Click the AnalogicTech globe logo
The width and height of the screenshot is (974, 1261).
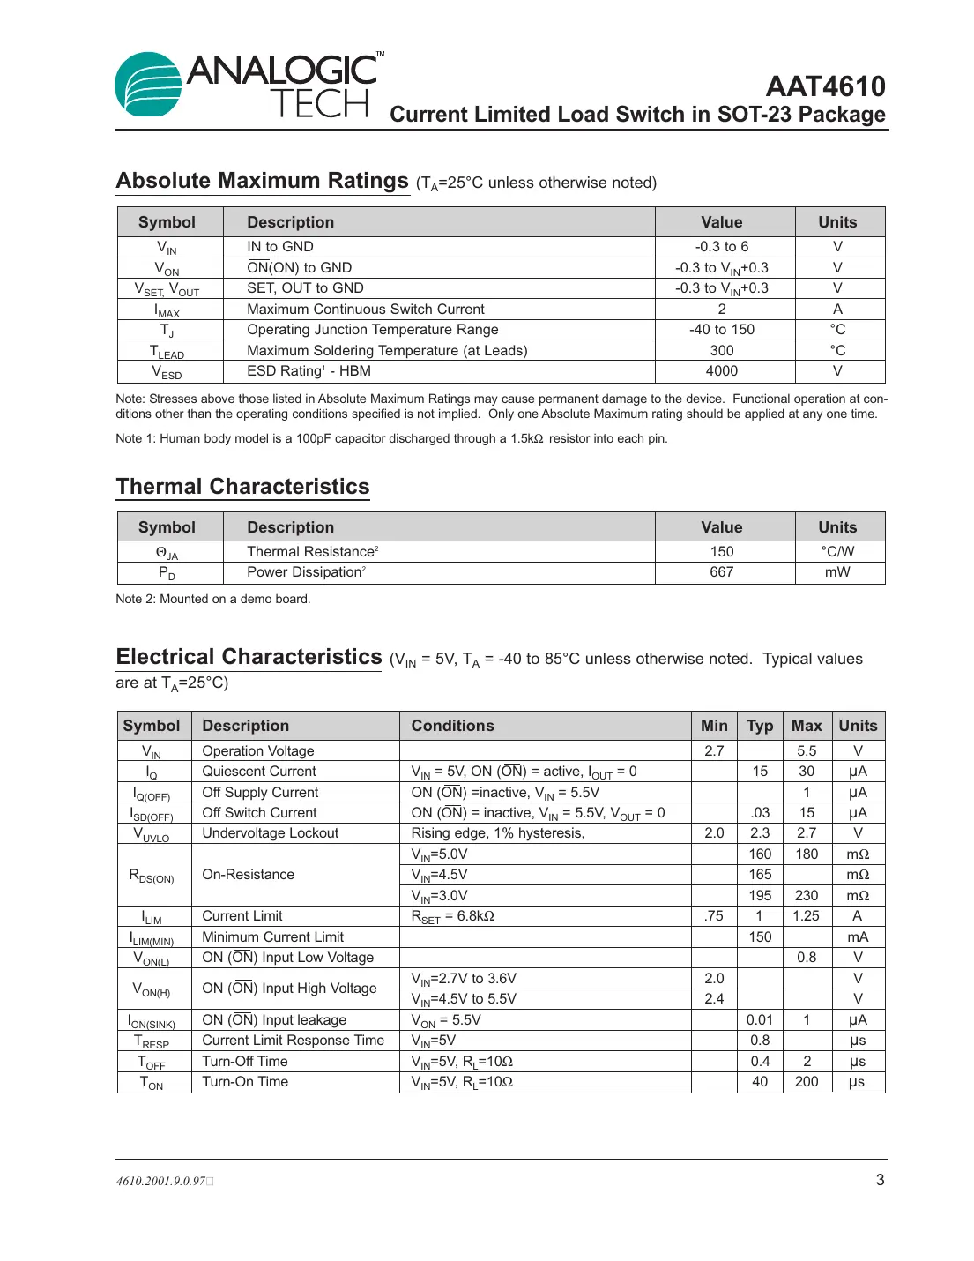(148, 85)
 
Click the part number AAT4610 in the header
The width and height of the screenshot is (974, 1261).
(825, 86)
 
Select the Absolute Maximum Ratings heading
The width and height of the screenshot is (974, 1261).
(263, 181)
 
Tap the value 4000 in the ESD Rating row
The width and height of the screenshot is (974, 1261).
(721, 371)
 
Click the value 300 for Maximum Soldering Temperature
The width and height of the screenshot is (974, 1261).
(721, 350)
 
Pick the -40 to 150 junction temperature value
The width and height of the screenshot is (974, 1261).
(721, 330)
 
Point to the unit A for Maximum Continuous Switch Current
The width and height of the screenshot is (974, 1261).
(837, 309)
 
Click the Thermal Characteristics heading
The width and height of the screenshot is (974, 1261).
(242, 487)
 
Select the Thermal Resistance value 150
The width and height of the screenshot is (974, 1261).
(721, 551)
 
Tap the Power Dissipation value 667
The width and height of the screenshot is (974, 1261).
(721, 572)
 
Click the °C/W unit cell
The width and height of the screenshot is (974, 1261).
(837, 551)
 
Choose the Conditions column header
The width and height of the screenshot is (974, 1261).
(452, 726)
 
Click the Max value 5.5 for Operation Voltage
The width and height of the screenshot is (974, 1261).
(807, 751)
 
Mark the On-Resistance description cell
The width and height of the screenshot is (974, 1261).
(249, 875)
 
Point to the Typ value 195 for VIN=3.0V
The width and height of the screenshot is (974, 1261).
(760, 896)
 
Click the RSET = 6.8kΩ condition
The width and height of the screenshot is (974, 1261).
(453, 916)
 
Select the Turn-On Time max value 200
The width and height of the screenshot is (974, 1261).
(807, 1082)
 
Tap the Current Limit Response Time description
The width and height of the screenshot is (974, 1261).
(294, 1041)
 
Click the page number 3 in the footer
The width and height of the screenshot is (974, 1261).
(880, 1180)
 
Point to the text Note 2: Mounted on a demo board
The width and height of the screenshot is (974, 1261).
(213, 599)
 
